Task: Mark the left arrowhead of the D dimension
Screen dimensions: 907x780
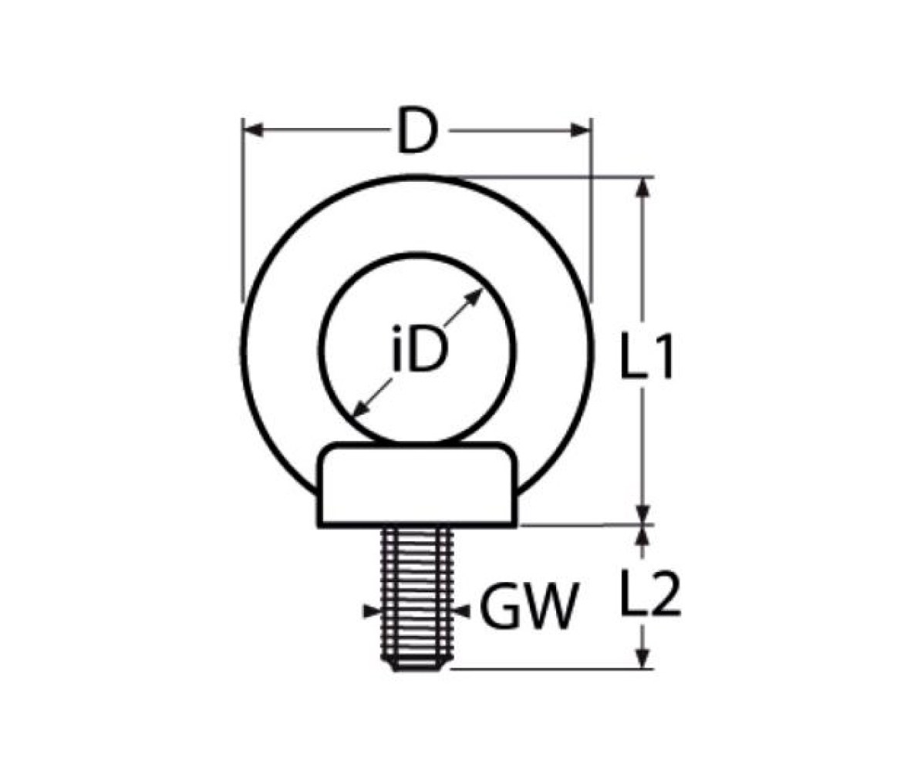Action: (x=254, y=130)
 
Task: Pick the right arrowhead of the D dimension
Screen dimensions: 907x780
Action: (x=581, y=130)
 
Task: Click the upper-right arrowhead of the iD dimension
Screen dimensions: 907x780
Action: (x=474, y=298)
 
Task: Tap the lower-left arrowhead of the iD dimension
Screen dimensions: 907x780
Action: (x=360, y=408)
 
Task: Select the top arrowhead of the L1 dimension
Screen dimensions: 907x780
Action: (x=642, y=188)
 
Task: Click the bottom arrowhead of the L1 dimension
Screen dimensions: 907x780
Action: (x=642, y=514)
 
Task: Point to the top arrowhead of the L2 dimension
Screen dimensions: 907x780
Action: (x=642, y=536)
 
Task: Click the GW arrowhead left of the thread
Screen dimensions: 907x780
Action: (x=372, y=610)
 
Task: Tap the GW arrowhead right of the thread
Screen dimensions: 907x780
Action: (x=462, y=610)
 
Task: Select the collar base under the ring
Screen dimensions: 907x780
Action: (x=417, y=485)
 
